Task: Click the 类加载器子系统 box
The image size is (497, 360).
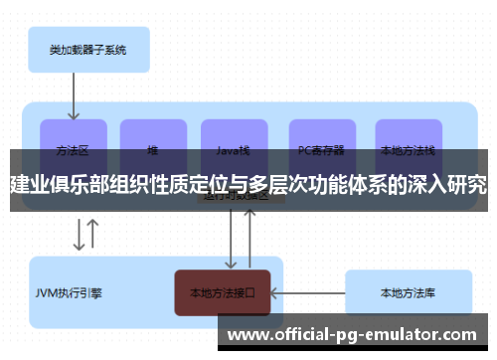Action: pyautogui.click(x=86, y=48)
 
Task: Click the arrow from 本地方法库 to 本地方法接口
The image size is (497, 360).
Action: pyautogui.click(x=307, y=293)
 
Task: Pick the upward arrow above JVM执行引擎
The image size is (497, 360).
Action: pyautogui.click(x=93, y=236)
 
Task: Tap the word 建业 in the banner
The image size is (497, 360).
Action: pyautogui.click(x=30, y=184)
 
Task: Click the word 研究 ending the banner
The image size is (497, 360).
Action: pyautogui.click(x=467, y=184)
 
